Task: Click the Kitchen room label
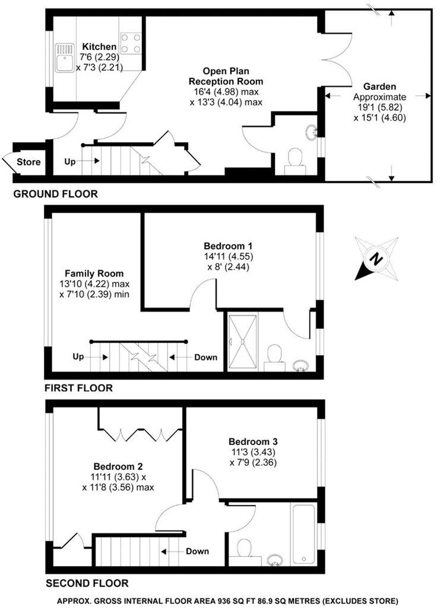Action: pyautogui.click(x=99, y=46)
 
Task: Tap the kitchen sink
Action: pyautogui.click(x=65, y=58)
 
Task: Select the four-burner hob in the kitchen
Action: pyautogui.click(x=131, y=43)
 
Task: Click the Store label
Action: pyautogui.click(x=29, y=162)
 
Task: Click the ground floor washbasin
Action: pyautogui.click(x=311, y=132)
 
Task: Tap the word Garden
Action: pyautogui.click(x=379, y=87)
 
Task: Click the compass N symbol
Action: pyautogui.click(x=375, y=259)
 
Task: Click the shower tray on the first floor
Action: pyautogui.click(x=243, y=341)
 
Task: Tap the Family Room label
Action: pyautogui.click(x=94, y=274)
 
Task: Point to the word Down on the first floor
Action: pyautogui.click(x=205, y=357)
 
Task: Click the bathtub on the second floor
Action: pyautogui.click(x=303, y=534)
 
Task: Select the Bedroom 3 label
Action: pyautogui.click(x=253, y=442)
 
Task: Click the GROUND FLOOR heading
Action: pyautogui.click(x=55, y=194)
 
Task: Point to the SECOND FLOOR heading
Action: pyautogui.click(x=87, y=583)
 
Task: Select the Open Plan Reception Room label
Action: pyautogui.click(x=226, y=76)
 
